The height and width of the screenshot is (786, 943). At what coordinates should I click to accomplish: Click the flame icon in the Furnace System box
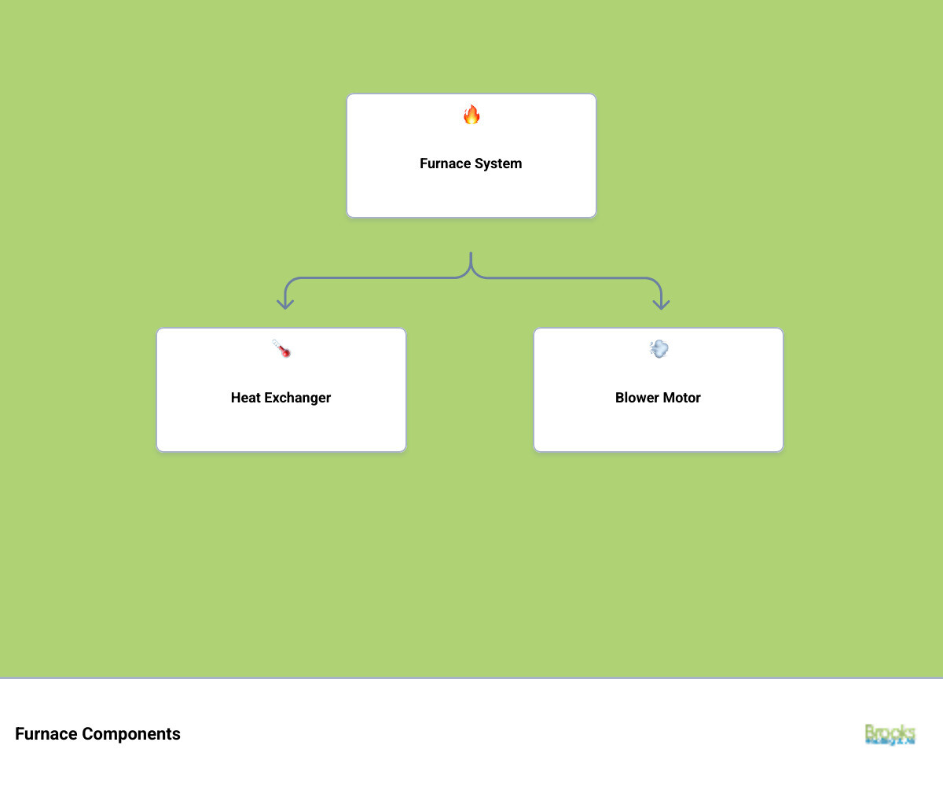tap(472, 115)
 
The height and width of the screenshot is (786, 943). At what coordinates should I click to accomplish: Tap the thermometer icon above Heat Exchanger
tap(281, 348)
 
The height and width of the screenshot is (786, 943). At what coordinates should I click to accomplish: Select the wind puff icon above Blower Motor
tap(659, 349)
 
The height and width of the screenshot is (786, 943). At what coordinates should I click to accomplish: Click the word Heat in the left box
tap(245, 398)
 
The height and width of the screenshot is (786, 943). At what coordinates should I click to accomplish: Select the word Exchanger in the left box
tap(297, 398)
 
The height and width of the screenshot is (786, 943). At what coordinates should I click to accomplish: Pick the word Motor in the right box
tap(682, 398)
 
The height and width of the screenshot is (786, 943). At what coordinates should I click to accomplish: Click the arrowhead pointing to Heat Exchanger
tap(285, 303)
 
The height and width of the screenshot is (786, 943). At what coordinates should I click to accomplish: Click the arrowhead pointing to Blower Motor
tap(662, 303)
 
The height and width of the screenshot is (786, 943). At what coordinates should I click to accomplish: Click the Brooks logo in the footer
tap(890, 734)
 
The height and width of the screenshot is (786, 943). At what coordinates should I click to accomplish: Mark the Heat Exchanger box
tap(281, 428)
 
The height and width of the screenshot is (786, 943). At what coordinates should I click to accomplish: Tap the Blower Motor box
tap(659, 428)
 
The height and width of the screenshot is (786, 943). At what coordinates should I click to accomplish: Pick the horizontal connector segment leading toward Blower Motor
tap(566, 277)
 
